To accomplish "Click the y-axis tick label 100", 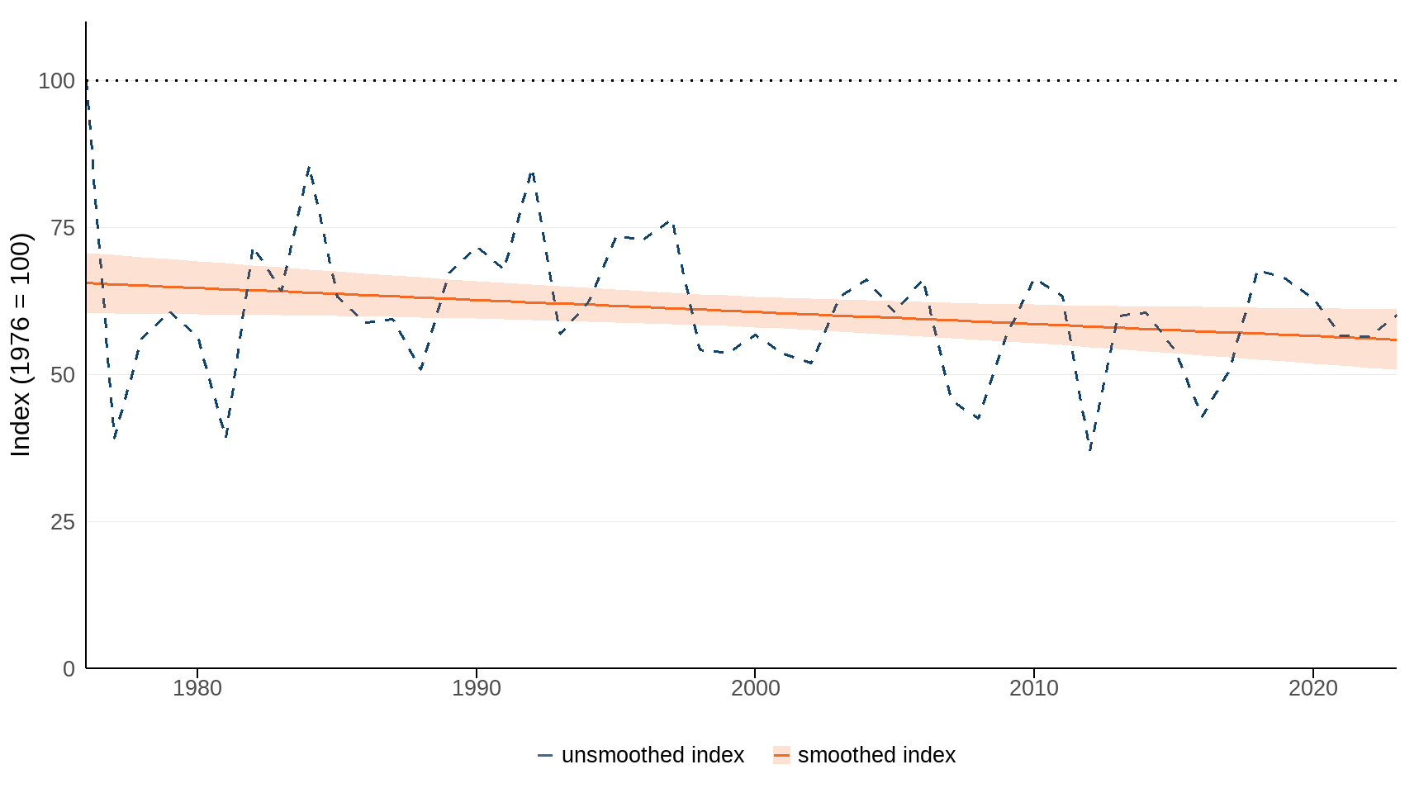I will (x=56, y=81).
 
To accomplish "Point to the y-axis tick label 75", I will (x=63, y=228).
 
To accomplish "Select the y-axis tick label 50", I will (x=63, y=375).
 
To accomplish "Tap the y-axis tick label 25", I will (x=63, y=522).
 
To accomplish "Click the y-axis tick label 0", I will (x=69, y=669).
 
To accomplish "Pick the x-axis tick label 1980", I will (x=197, y=688).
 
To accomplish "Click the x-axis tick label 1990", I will (x=477, y=688).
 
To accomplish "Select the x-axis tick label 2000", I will (x=755, y=688).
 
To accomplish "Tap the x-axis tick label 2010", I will (x=1034, y=688).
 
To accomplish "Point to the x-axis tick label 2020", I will (x=1312, y=688).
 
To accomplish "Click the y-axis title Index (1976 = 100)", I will (x=20, y=344).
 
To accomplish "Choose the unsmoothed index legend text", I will (x=653, y=755).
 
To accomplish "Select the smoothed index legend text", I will (x=876, y=755).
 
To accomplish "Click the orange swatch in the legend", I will (x=781, y=755).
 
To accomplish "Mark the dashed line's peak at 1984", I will (x=309, y=167).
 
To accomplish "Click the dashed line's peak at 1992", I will (x=532, y=171).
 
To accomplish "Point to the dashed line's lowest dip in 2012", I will (x=1090, y=451).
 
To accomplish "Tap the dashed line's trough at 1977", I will (x=114, y=439).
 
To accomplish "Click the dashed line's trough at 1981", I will (x=225, y=437).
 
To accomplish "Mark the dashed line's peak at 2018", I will (x=1257, y=270).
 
